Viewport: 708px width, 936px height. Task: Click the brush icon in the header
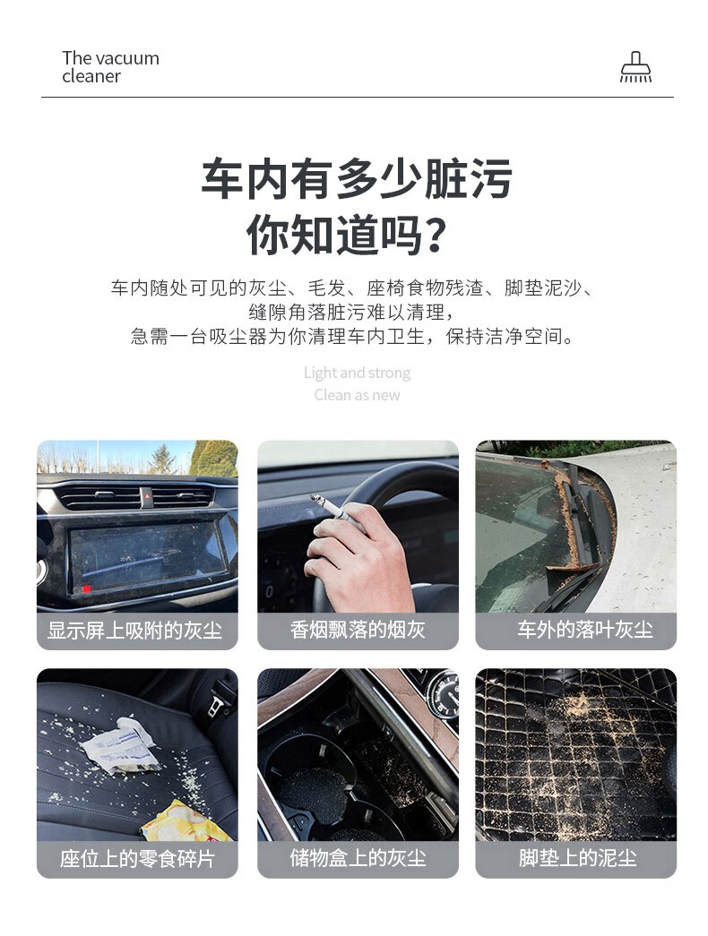coord(635,66)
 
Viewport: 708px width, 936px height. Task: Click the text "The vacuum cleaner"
coord(110,67)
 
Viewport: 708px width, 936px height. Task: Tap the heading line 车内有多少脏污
coord(356,178)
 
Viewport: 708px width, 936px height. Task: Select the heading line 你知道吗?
coord(347,235)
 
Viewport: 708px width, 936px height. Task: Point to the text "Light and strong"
coord(357,374)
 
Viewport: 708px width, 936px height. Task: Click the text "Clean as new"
coord(357,395)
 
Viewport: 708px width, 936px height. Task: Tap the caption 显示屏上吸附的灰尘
coord(135,631)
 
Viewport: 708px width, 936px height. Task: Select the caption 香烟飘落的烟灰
coord(358,630)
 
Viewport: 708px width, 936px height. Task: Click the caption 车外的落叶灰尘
coord(585,630)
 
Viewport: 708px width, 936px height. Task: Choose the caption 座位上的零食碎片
coord(137,858)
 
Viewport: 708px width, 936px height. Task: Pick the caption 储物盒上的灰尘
coord(358,858)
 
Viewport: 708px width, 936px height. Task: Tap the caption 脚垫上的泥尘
coord(577,858)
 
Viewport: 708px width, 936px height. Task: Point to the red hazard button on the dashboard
coord(146,496)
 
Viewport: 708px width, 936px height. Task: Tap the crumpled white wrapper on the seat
coord(121,747)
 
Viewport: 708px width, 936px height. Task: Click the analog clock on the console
coord(443,693)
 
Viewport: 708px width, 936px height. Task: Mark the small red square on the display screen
coord(87,589)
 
